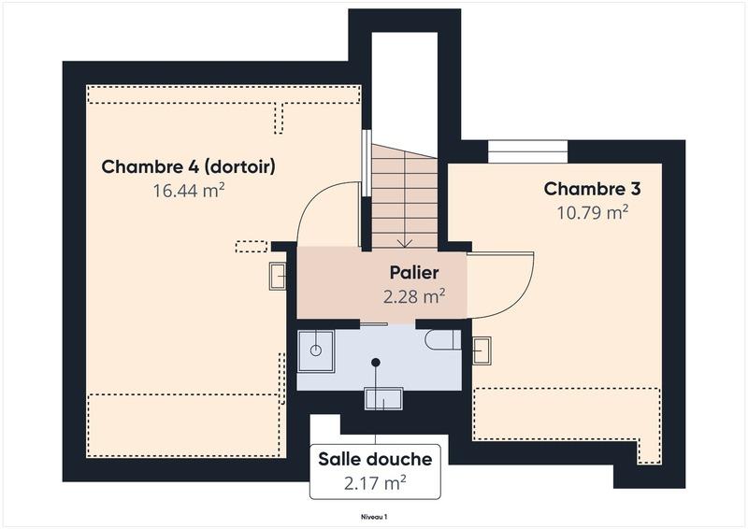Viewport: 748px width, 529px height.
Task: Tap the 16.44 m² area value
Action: pyautogui.click(x=188, y=191)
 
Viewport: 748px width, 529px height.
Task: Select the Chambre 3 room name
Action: pyautogui.click(x=592, y=189)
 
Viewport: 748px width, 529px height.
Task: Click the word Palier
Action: pyautogui.click(x=413, y=274)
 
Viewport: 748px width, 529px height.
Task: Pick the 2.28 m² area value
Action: pyautogui.click(x=413, y=297)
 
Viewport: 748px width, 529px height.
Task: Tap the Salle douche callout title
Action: pyautogui.click(x=375, y=459)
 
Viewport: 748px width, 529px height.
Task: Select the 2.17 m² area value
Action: pyautogui.click(x=375, y=483)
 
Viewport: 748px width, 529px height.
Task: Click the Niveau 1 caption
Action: pyautogui.click(x=374, y=516)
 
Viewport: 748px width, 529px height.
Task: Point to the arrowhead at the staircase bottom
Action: pyautogui.click(x=404, y=242)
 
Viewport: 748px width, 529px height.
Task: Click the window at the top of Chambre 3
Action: pyautogui.click(x=528, y=151)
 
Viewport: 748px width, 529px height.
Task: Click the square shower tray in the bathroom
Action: pyautogui.click(x=316, y=350)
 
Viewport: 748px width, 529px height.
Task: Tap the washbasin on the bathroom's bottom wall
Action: pyautogui.click(x=383, y=399)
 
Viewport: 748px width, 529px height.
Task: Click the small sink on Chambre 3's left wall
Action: pyautogui.click(x=482, y=350)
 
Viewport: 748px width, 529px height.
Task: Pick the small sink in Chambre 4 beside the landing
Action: pyautogui.click(x=279, y=276)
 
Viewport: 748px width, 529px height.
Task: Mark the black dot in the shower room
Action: pyautogui.click(x=376, y=362)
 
